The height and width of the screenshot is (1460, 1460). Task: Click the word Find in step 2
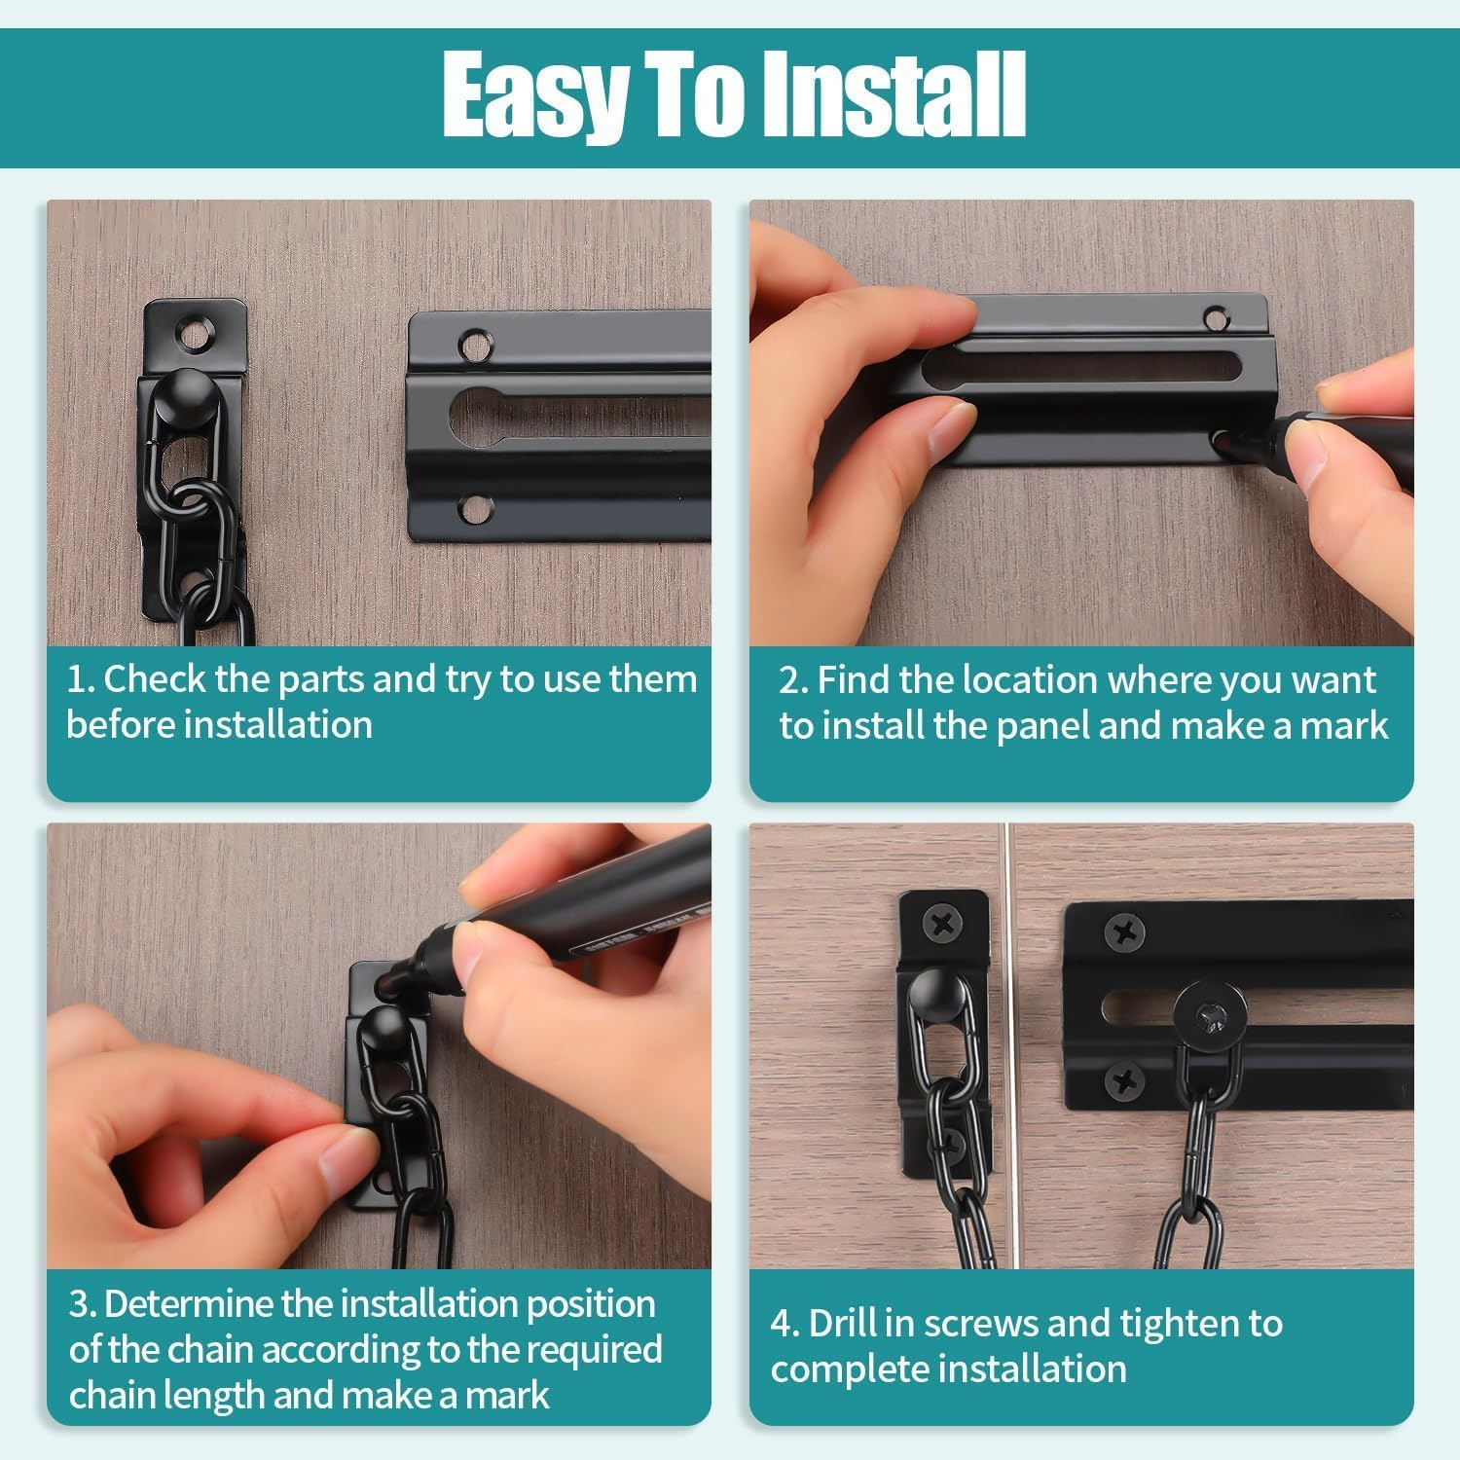854,680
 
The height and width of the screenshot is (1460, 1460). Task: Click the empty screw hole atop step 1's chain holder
196,334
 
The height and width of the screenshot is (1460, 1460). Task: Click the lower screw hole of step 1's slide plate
475,508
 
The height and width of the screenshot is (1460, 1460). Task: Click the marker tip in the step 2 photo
1228,444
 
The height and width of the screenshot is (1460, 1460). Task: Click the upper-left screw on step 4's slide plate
1124,933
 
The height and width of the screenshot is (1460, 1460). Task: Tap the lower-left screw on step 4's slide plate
1124,1079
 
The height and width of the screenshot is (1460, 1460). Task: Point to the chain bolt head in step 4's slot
1210,1017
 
